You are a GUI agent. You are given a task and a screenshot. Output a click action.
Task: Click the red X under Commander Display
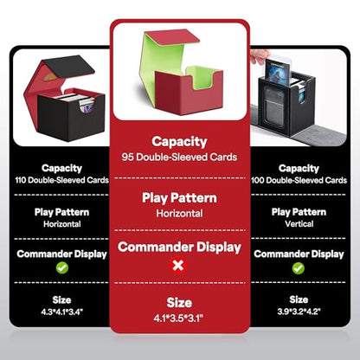179,266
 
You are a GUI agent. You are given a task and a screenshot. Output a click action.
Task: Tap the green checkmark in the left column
62,268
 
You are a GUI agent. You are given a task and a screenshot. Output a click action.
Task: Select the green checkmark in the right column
299,268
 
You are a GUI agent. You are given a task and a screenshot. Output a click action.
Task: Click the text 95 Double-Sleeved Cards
179,157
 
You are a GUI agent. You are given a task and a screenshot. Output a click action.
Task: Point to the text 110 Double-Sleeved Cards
62,180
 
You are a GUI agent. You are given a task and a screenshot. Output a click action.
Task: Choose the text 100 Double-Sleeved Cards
299,180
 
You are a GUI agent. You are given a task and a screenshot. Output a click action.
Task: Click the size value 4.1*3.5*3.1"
179,318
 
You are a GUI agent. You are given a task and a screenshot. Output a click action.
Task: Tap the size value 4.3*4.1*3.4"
62,312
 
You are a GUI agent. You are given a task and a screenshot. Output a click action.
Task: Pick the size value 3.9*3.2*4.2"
299,312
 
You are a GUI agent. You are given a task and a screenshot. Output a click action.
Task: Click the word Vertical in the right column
299,224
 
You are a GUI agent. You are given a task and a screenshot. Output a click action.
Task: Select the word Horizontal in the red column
179,214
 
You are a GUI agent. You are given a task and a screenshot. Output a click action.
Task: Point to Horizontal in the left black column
62,224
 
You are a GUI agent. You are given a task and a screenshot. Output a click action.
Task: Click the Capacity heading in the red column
179,142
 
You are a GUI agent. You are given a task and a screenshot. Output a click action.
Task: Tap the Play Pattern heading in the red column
179,198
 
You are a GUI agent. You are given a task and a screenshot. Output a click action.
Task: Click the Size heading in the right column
299,299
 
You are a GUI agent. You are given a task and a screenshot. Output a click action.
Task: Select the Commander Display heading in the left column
62,254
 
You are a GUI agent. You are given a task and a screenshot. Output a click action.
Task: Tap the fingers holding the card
260,56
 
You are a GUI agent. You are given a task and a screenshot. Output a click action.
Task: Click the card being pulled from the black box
277,69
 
